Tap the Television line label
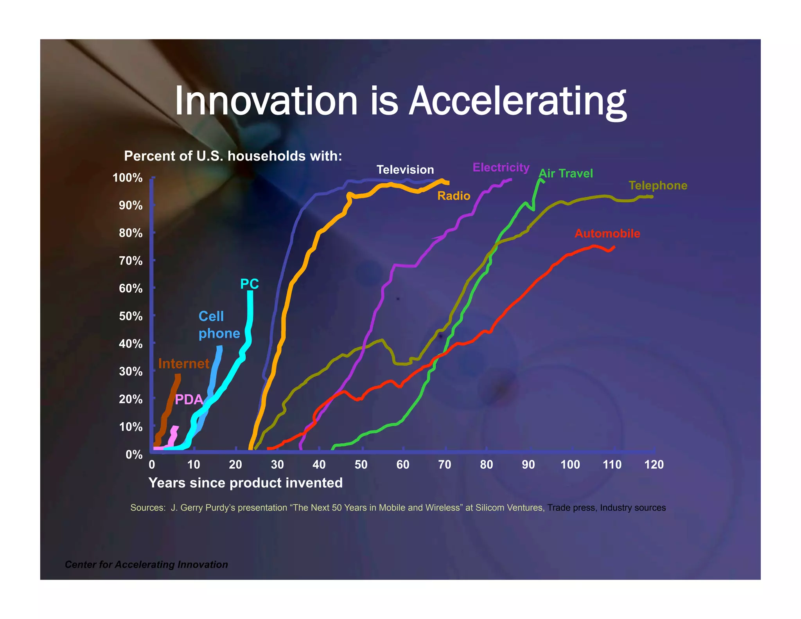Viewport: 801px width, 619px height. tap(405, 169)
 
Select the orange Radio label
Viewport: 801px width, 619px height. tap(453, 196)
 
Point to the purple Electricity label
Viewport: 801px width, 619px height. tap(501, 167)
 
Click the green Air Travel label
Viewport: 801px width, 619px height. tap(566, 173)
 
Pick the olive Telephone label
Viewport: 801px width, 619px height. tap(657, 185)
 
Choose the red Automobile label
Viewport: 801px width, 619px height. tap(607, 234)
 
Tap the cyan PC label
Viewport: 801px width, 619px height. tap(249, 284)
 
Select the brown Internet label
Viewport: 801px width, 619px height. tap(183, 363)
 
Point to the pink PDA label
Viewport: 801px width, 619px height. tap(189, 399)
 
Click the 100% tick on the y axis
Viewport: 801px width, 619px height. tap(128, 178)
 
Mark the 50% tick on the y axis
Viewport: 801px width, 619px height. tap(131, 316)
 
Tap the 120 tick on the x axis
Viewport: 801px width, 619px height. tap(654, 464)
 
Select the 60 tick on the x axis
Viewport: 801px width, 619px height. tap(402, 464)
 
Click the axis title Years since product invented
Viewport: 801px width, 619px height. tap(245, 483)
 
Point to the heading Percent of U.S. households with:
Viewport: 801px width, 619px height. tap(233, 156)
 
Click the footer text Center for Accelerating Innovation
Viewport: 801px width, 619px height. tap(146, 565)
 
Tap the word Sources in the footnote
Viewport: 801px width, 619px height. tap(147, 508)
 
